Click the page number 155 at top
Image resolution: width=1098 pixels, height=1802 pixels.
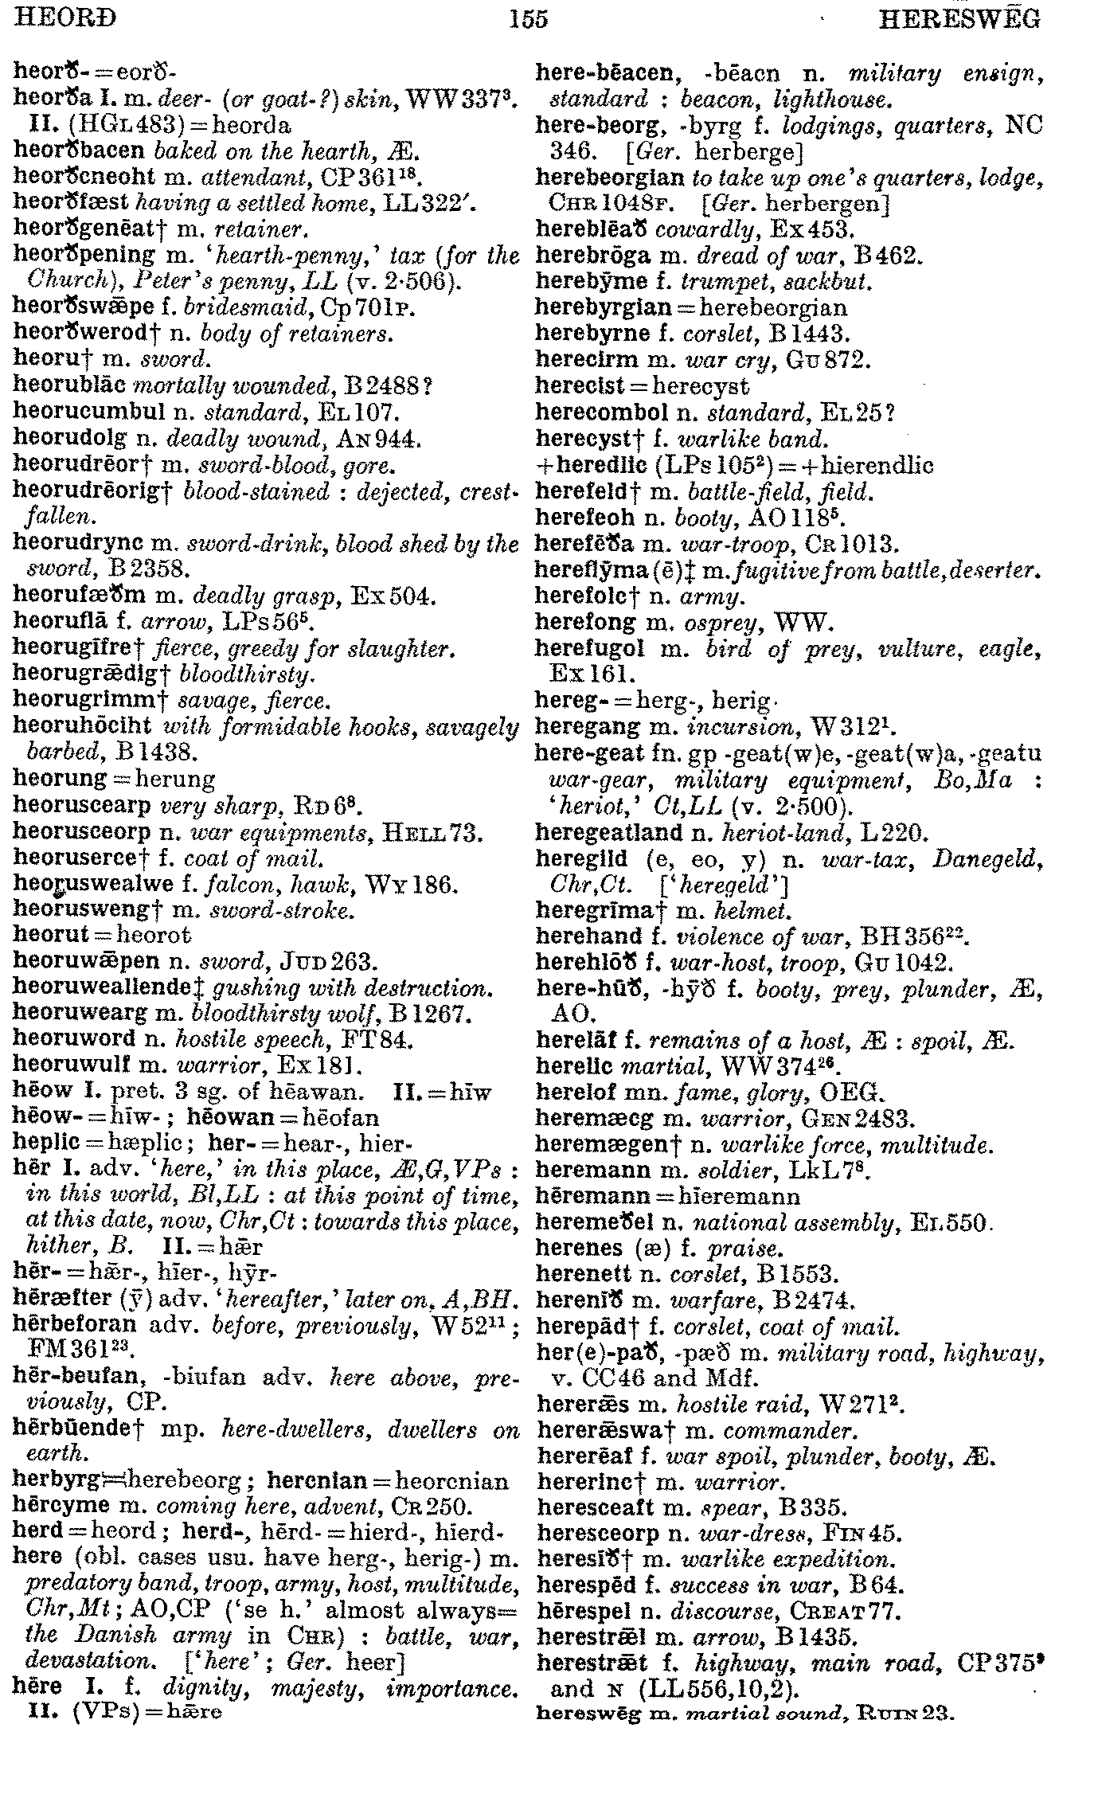point(529,18)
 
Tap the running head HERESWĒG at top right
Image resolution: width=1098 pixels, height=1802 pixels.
point(959,18)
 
